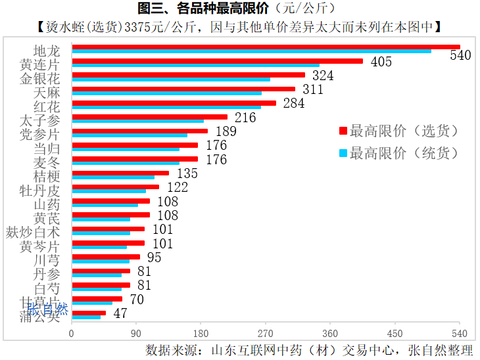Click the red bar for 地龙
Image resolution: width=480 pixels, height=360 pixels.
pyautogui.click(x=265, y=47)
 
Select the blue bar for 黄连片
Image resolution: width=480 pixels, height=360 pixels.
pyautogui.click(x=195, y=66)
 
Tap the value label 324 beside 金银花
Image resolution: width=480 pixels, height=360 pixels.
pyautogui.click(x=323, y=76)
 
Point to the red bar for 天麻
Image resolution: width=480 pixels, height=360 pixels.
pyautogui.click(x=183, y=89)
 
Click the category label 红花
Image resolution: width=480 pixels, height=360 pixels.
pyautogui.click(x=47, y=106)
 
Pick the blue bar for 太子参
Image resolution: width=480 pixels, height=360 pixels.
pyautogui.click(x=137, y=121)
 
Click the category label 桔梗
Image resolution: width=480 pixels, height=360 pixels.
pyautogui.click(x=47, y=176)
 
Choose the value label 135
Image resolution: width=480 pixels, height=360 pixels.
pyautogui.click(x=187, y=174)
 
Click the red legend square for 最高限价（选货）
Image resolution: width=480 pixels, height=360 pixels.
pyautogui.click(x=342, y=131)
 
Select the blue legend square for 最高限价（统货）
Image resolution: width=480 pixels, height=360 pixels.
pyautogui.click(x=342, y=153)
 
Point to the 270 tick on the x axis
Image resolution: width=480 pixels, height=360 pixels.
pyautogui.click(x=265, y=333)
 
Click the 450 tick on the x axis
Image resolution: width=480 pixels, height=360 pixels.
pyautogui.click(x=395, y=333)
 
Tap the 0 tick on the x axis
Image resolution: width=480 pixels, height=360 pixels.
pyautogui.click(x=72, y=333)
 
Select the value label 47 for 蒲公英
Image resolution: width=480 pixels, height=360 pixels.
pyautogui.click(x=120, y=313)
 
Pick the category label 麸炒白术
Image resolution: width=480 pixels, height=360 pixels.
pyautogui.click(x=33, y=232)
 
